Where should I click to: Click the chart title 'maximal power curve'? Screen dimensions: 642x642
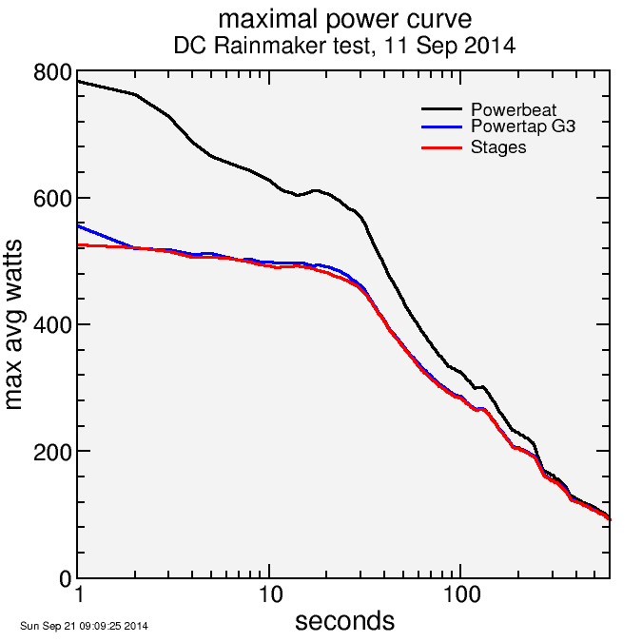click(x=343, y=19)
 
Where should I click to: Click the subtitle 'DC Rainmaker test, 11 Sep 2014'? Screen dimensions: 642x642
click(x=343, y=45)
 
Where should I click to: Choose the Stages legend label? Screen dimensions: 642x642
click(x=498, y=147)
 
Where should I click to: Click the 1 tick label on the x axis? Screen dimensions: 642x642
click(x=78, y=598)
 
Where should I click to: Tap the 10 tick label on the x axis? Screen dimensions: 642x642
click(x=270, y=598)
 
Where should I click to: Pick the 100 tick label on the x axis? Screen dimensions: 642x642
click(x=461, y=598)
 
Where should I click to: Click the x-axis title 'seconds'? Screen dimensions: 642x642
click(x=343, y=621)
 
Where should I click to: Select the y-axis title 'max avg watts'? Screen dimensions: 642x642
click(x=14, y=325)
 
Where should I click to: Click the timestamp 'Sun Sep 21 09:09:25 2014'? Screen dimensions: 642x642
click(x=84, y=626)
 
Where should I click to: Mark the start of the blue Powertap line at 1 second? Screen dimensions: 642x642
click(x=79, y=225)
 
